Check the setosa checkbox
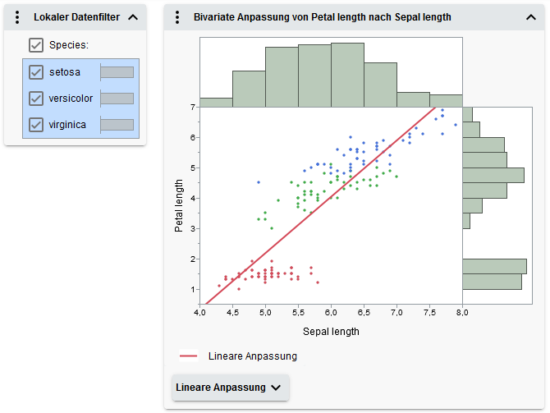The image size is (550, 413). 36,72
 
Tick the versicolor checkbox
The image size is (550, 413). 36,99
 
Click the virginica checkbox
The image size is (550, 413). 36,125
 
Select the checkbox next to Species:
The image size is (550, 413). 36,45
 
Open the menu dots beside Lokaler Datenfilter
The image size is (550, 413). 17,17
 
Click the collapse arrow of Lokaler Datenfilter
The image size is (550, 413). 133,17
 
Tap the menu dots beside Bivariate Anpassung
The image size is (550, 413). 177,17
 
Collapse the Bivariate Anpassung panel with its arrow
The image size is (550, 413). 530,17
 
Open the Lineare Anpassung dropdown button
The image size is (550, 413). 230,388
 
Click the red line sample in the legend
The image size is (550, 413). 189,356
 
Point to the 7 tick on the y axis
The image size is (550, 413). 191,108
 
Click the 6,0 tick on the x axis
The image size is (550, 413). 331,313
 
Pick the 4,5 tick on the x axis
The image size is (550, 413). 232,313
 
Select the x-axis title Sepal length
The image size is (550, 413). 331,332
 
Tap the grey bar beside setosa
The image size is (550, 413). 117,72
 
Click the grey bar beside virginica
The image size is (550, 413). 117,125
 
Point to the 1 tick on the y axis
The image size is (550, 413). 191,290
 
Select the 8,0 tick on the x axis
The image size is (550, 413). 462,313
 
